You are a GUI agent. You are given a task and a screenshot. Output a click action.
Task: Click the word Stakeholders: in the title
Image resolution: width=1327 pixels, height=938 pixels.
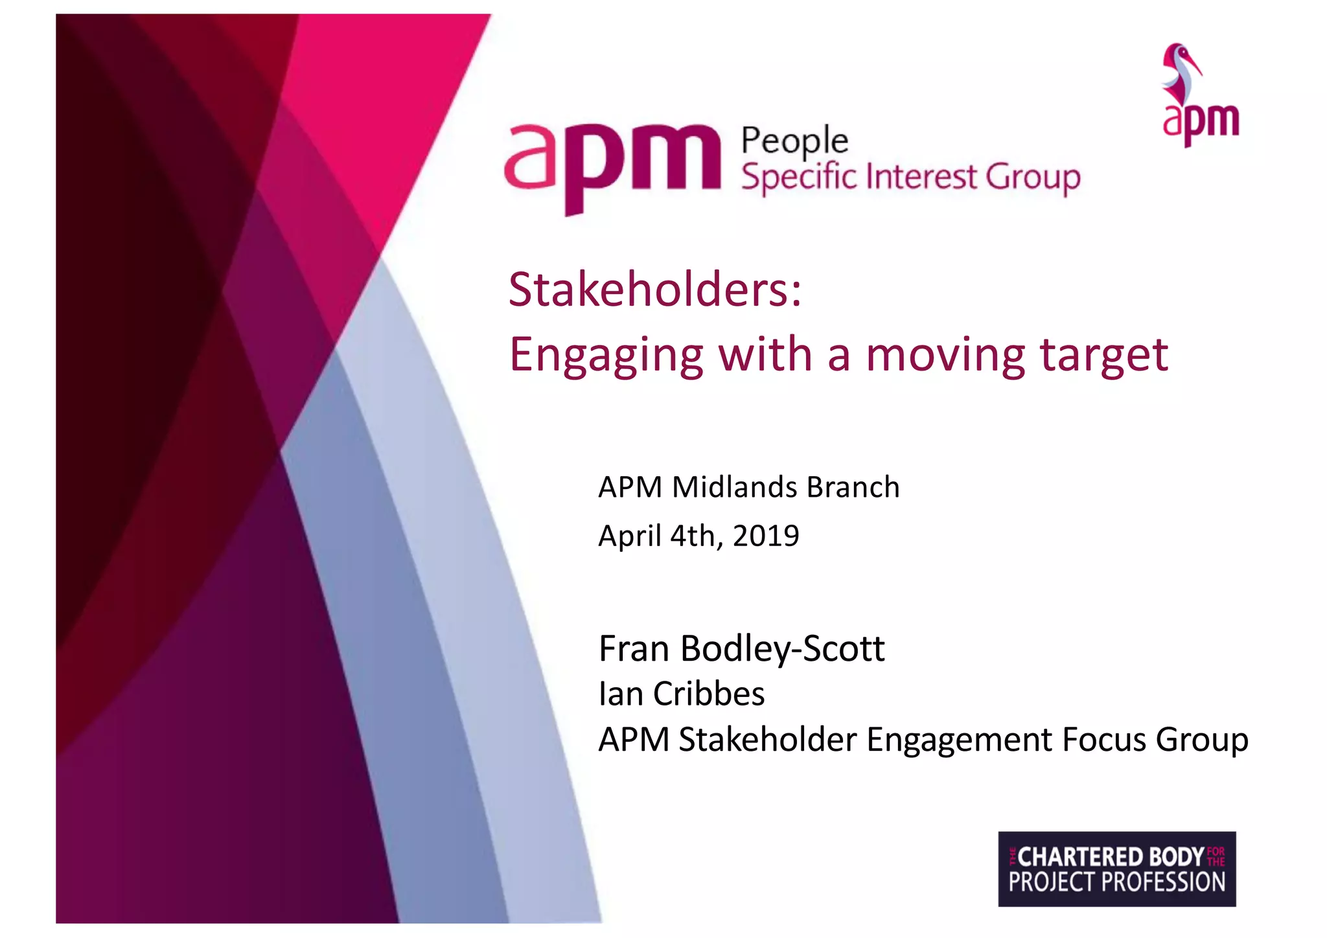[654, 290]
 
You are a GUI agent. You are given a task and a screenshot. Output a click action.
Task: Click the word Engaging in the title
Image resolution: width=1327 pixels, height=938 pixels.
[606, 356]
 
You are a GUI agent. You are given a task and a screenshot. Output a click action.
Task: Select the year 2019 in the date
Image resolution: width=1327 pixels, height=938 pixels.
[766, 536]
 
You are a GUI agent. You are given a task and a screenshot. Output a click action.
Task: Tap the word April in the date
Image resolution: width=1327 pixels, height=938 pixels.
[630, 536]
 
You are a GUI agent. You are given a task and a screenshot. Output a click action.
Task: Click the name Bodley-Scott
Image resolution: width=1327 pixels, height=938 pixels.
[783, 649]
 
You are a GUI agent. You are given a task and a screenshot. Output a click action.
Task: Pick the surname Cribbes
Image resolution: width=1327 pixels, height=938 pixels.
[709, 694]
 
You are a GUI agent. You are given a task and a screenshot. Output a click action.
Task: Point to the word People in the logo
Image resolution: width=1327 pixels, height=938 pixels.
[794, 141]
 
